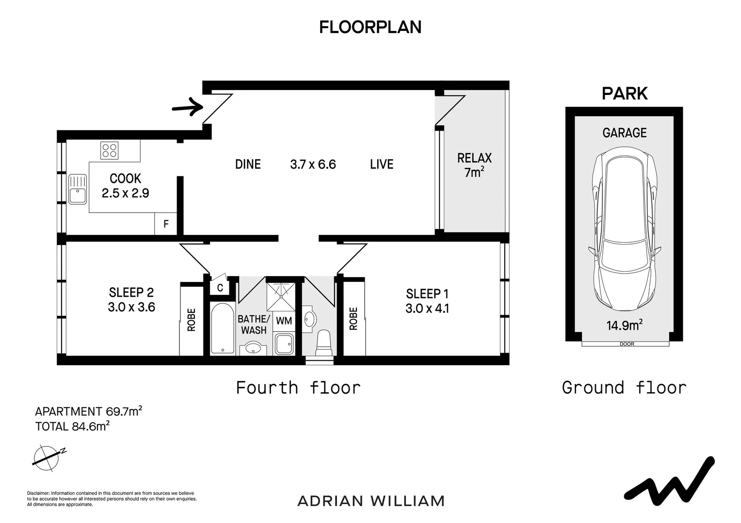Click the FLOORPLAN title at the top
[x=370, y=27]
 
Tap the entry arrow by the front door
[x=188, y=107]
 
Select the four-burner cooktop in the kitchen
[x=110, y=151]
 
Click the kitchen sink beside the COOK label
[x=78, y=189]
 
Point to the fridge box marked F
[x=166, y=224]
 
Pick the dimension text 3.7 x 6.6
[x=313, y=164]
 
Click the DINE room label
[x=248, y=164]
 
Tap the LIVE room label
[x=382, y=164]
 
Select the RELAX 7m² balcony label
[x=474, y=165]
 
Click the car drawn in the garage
[x=625, y=229]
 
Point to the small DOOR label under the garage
[x=627, y=344]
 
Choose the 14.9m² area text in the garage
[x=624, y=325]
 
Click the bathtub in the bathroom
[x=223, y=328]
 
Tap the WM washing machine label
[x=284, y=321]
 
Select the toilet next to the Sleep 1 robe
[x=324, y=342]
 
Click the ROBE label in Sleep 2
[x=192, y=320]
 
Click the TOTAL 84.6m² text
[x=72, y=426]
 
